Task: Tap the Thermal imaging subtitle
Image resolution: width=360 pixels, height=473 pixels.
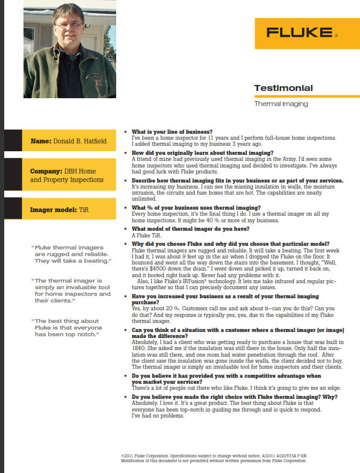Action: point(281,104)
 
